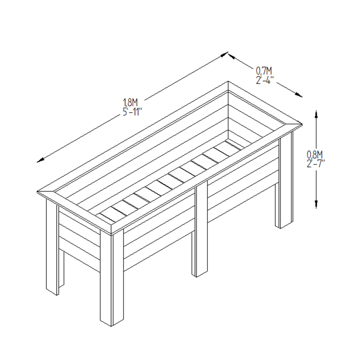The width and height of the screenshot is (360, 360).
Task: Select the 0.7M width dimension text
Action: tap(264, 71)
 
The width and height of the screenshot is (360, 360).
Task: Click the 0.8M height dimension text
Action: tap(315, 154)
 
